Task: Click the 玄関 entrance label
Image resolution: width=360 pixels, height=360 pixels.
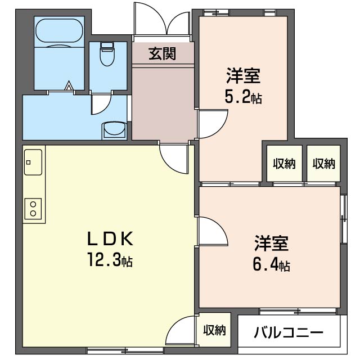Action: [x=163, y=54]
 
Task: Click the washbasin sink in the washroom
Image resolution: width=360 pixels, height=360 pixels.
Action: [x=115, y=130]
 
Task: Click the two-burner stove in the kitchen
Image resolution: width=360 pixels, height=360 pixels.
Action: [x=33, y=208]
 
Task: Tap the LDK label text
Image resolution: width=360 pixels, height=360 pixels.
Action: [x=110, y=240]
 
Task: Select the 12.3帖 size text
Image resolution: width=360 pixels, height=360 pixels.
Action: [x=110, y=261]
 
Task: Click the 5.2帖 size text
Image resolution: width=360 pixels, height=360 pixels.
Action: [x=243, y=97]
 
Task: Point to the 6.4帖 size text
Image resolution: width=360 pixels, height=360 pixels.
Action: [x=271, y=265]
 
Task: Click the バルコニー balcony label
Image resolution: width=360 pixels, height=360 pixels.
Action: [x=289, y=332]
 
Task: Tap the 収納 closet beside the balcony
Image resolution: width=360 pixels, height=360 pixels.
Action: [x=214, y=330]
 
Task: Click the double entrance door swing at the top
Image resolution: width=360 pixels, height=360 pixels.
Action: [x=163, y=21]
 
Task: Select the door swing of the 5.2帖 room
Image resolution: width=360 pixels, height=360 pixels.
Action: [x=211, y=124]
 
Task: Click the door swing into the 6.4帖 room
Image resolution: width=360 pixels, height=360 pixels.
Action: [x=212, y=231]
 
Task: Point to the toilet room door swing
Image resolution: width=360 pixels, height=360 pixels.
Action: [x=101, y=105]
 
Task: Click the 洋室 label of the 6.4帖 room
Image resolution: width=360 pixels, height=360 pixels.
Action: [x=271, y=244]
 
